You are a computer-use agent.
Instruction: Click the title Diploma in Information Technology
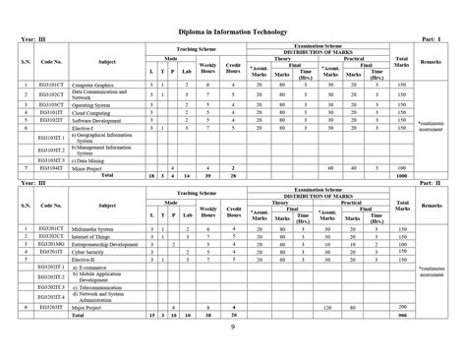(x=233, y=32)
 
